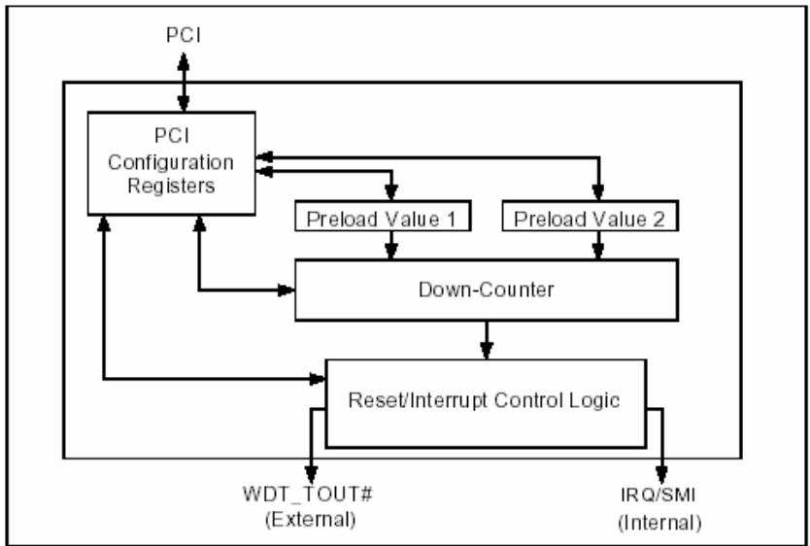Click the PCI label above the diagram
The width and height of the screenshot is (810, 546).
point(184,36)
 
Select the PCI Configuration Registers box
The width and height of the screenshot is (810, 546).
point(172,163)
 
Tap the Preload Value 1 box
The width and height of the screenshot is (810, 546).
point(383,216)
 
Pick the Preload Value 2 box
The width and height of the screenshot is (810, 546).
point(590,216)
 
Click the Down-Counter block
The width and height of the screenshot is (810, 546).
point(487,290)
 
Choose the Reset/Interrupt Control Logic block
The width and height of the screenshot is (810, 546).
point(486,403)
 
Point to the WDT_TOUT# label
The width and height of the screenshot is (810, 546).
point(309,495)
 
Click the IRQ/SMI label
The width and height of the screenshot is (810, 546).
point(658,495)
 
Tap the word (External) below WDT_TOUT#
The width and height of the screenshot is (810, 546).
point(311,520)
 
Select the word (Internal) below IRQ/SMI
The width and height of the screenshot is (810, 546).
point(660,523)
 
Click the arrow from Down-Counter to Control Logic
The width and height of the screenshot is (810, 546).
point(487,340)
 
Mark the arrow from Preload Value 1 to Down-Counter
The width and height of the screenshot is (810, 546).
point(391,245)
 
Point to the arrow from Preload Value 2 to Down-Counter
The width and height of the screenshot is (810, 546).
point(598,245)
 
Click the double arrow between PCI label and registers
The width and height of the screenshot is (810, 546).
point(184,83)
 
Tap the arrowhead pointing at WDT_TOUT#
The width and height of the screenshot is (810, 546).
point(311,475)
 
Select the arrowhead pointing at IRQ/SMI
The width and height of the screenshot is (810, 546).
point(661,475)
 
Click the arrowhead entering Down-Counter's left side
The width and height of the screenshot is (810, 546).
point(286,290)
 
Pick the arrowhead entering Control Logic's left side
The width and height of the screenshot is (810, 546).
point(317,380)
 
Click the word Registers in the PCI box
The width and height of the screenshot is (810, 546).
point(171,186)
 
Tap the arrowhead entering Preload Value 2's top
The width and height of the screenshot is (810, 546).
point(598,192)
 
